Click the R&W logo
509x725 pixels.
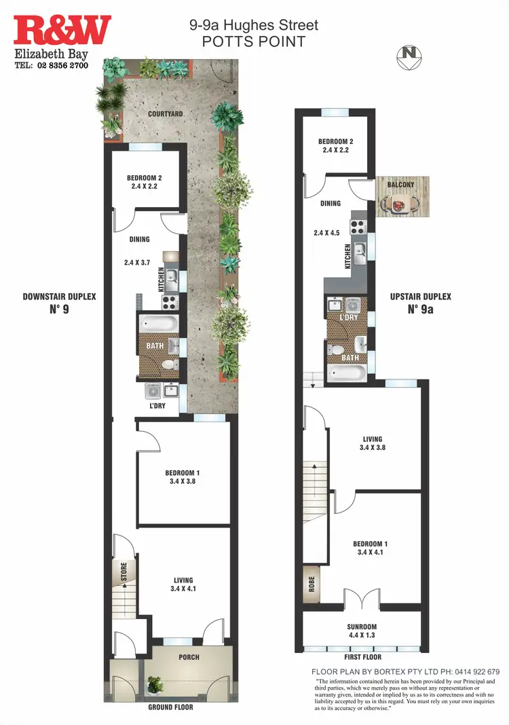tap(62, 31)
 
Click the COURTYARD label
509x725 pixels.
tap(166, 114)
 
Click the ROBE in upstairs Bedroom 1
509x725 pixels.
tap(312, 584)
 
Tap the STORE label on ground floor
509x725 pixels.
tap(124, 571)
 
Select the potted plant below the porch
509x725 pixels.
tap(155, 686)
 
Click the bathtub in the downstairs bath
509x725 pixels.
tap(158, 323)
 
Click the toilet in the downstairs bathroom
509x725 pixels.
tap(167, 365)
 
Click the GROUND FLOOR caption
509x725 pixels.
tap(170, 707)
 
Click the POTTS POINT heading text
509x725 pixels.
tap(253, 41)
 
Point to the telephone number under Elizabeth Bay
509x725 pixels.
tap(52, 66)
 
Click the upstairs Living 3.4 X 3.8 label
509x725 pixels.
tap(372, 443)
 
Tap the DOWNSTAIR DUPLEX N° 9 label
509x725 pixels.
tap(59, 303)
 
